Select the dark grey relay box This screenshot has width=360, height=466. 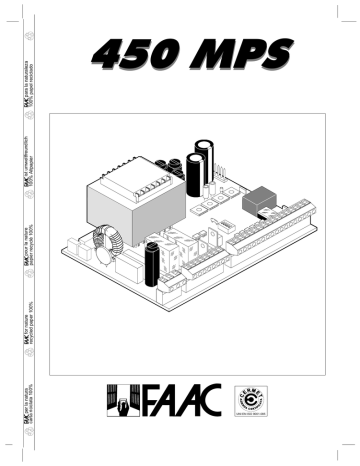(261, 199)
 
